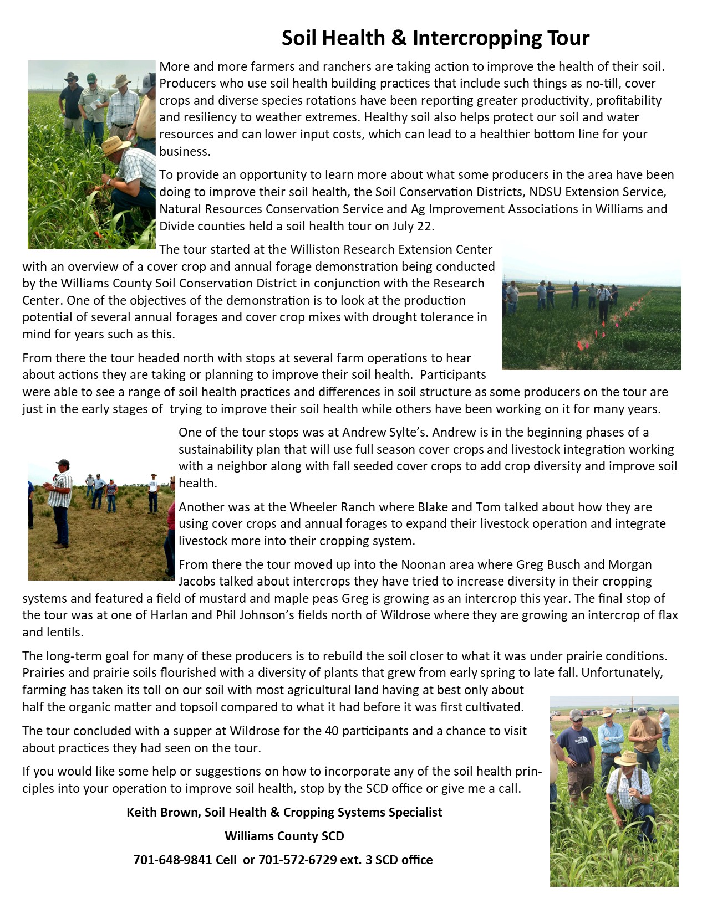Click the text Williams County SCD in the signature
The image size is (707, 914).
pos(284,836)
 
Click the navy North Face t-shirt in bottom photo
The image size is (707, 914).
pos(577,743)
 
